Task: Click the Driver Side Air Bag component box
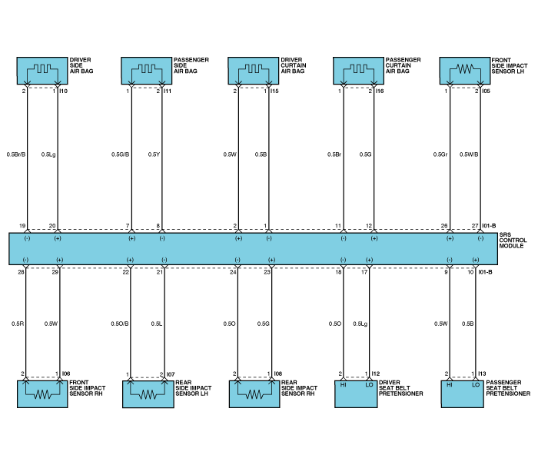(42, 71)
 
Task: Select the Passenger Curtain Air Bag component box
(359, 71)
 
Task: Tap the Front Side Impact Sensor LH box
(465, 71)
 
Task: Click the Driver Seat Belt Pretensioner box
(356, 394)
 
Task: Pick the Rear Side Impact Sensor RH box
(254, 394)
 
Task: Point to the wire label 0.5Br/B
(16, 154)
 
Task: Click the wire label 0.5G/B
(121, 154)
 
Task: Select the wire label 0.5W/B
(469, 154)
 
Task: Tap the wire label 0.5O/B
(120, 324)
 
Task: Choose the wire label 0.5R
(18, 324)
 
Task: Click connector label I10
(64, 91)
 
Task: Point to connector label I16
(380, 91)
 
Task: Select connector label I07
(171, 374)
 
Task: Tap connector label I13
(483, 374)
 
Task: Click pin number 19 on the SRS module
(22, 226)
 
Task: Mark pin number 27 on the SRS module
(475, 226)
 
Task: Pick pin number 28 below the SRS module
(21, 272)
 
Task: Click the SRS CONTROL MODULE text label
(513, 241)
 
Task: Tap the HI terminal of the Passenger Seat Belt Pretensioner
(450, 385)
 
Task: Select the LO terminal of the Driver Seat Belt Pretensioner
(369, 385)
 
